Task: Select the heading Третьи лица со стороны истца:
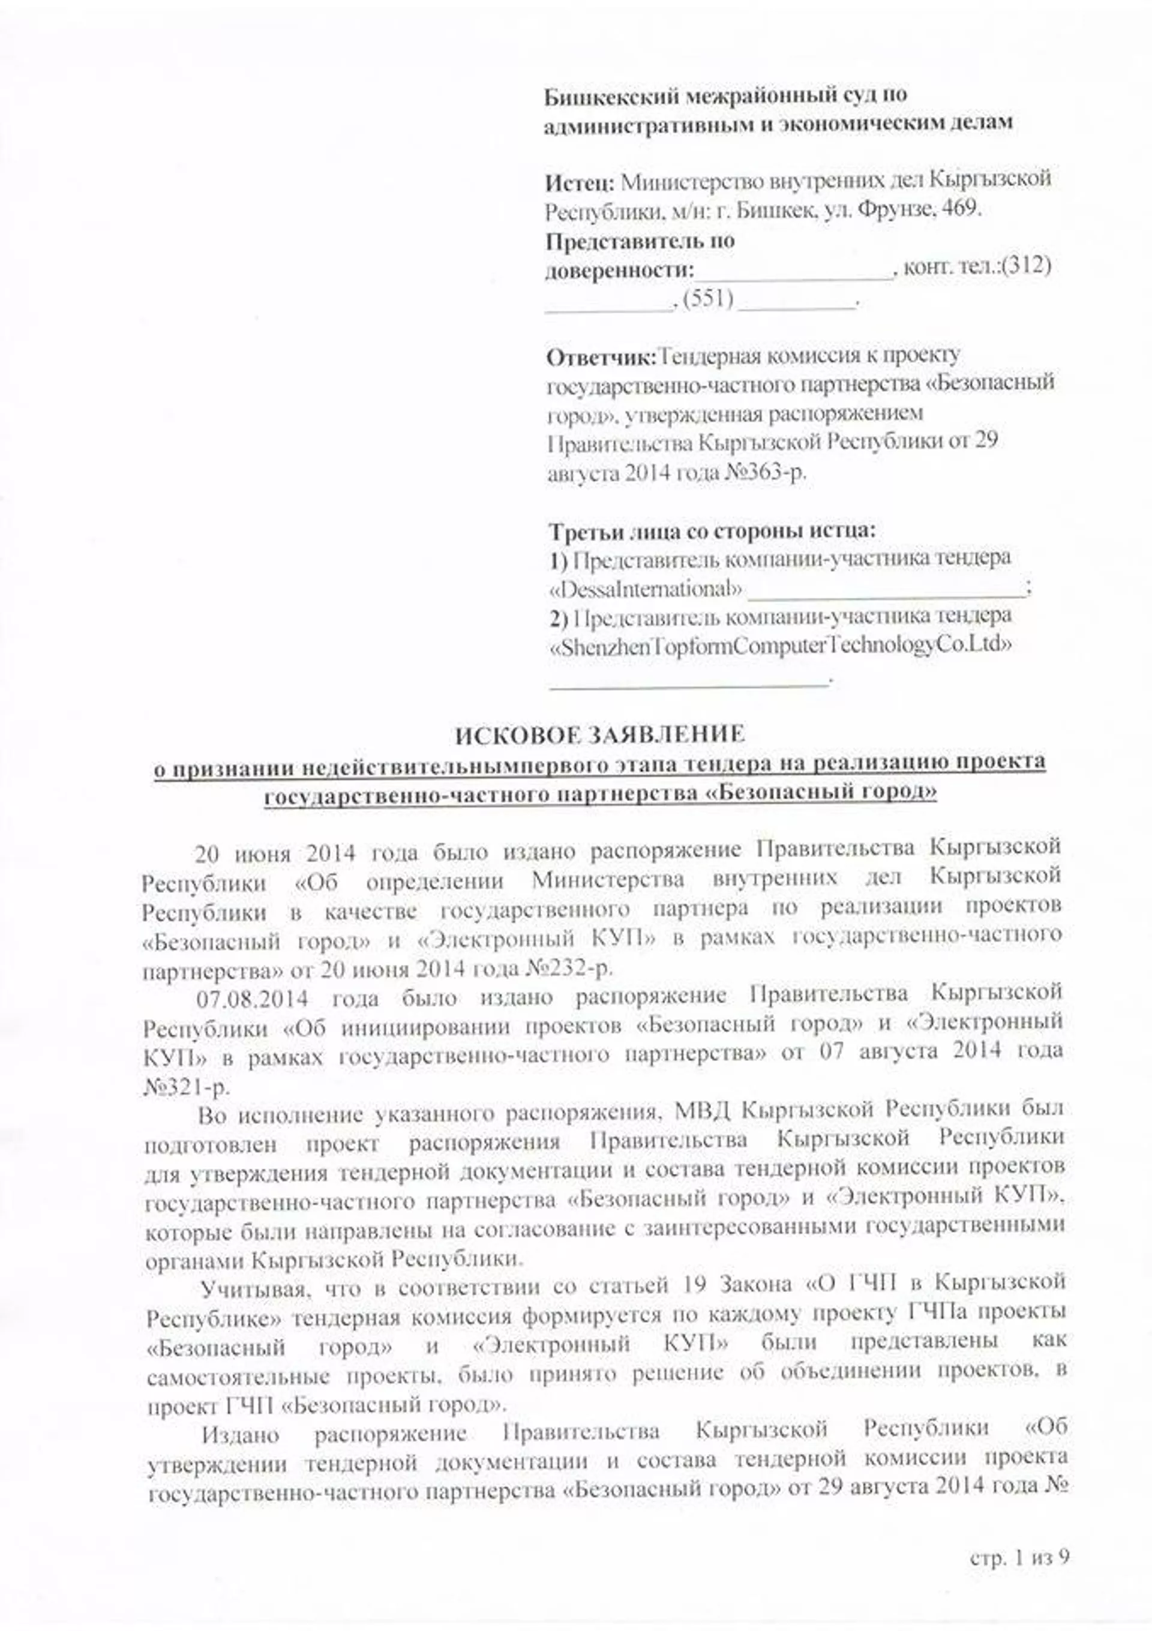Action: (712, 530)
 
